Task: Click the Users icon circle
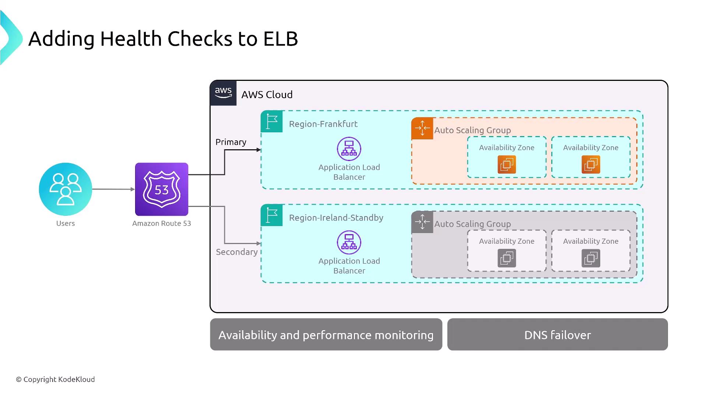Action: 66,189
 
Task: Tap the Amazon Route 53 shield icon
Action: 162,189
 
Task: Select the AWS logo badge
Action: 223,93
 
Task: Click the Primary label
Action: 231,142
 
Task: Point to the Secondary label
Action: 237,252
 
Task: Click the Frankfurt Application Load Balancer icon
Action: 349,149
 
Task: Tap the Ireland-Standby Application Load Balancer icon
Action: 349,243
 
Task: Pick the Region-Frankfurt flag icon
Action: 272,121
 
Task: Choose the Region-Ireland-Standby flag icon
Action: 272,215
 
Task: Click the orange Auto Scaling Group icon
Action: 422,128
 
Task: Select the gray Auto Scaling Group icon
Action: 422,222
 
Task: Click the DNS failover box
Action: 557,335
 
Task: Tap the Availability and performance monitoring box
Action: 326,335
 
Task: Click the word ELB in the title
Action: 281,39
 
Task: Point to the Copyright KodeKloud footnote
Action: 55,379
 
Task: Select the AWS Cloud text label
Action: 267,95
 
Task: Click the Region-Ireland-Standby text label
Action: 336,218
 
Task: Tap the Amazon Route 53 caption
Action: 162,223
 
